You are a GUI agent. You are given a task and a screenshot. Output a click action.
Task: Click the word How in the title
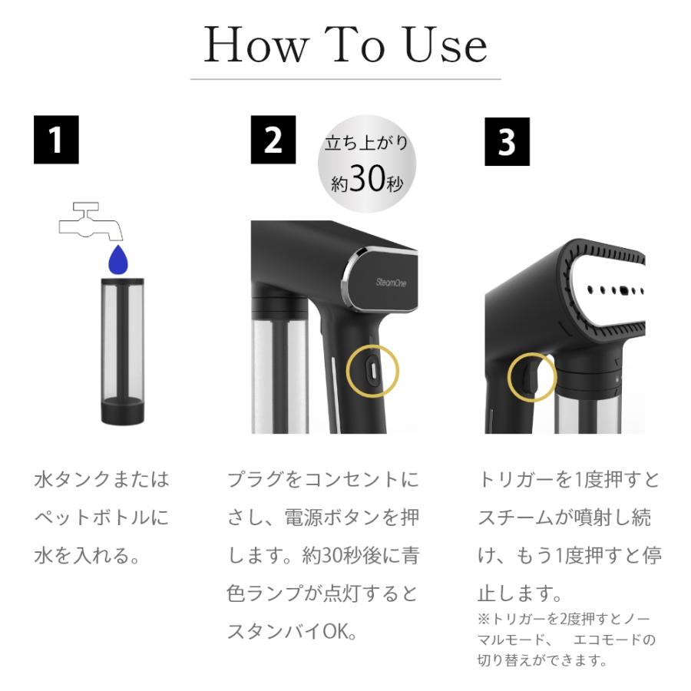click(x=256, y=45)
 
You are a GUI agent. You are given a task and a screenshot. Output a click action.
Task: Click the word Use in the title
click(x=445, y=45)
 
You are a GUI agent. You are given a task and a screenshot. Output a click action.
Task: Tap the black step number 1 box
click(x=56, y=140)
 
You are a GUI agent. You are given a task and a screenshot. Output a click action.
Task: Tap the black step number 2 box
click(x=273, y=140)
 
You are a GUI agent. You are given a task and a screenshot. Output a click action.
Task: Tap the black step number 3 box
click(x=508, y=141)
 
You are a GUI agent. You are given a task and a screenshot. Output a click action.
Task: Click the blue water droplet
click(x=118, y=260)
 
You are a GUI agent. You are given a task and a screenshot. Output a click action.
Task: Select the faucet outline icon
click(x=91, y=222)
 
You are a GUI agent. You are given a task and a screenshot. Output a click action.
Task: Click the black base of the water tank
click(x=123, y=411)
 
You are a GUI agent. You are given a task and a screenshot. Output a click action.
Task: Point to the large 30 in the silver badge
click(x=367, y=178)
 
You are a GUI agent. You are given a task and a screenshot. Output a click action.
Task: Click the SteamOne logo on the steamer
click(x=392, y=282)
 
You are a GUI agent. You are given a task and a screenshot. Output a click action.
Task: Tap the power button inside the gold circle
click(x=373, y=371)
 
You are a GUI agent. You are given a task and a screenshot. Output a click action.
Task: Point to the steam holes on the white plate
click(x=615, y=290)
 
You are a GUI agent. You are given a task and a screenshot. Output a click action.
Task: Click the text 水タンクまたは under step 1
click(x=102, y=479)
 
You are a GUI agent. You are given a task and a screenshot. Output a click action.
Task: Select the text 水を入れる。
click(x=87, y=555)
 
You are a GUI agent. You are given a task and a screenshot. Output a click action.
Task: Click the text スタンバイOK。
click(x=292, y=632)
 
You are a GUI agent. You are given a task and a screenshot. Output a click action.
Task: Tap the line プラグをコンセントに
click(x=323, y=479)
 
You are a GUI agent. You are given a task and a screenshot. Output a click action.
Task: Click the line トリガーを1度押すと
click(x=570, y=479)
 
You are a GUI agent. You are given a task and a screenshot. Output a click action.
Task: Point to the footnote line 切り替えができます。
click(x=543, y=660)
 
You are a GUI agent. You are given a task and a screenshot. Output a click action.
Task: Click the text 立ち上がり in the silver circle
click(x=367, y=143)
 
